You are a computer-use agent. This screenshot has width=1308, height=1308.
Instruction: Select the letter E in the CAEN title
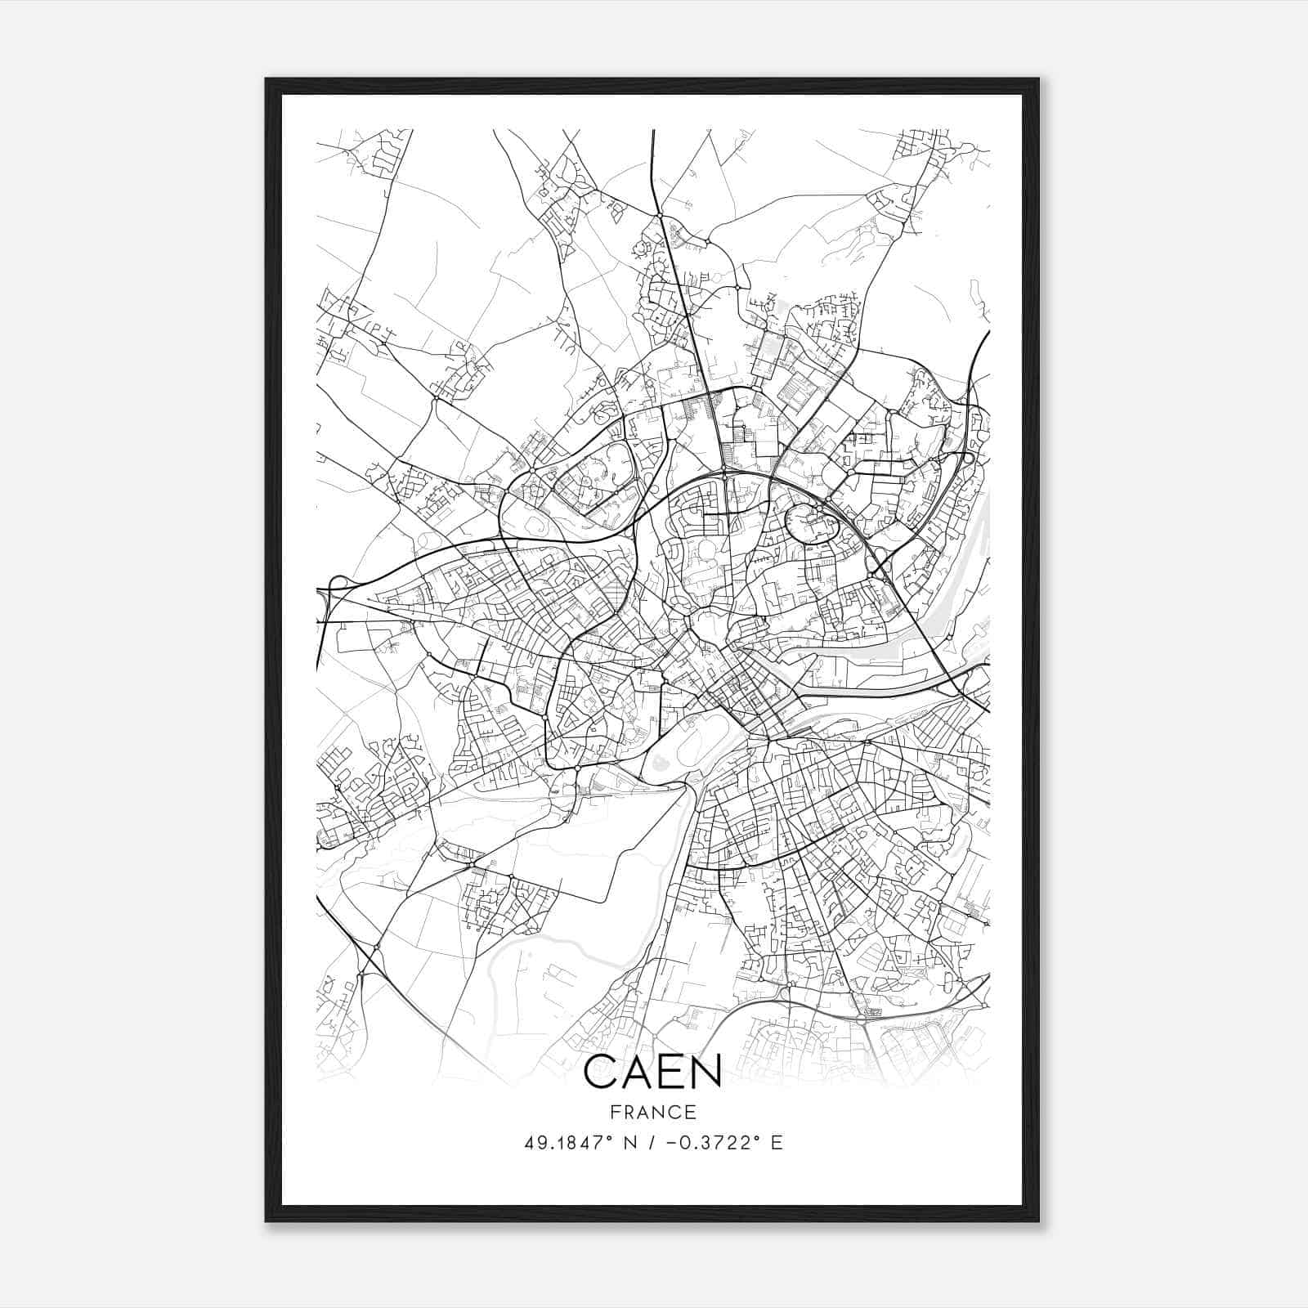pyautogui.click(x=674, y=1071)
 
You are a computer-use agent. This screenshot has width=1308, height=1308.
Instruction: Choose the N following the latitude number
pyautogui.click(x=630, y=1143)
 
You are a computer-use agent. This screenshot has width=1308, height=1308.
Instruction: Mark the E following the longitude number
pyautogui.click(x=777, y=1143)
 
